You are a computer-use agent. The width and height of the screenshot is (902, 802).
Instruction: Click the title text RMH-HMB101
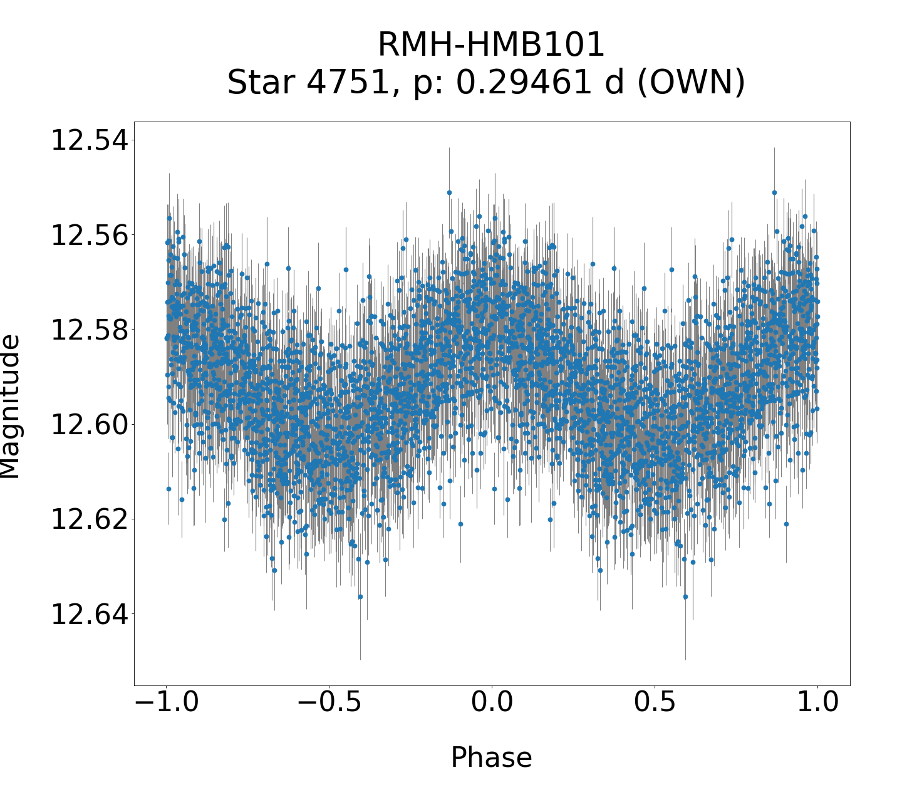(491, 45)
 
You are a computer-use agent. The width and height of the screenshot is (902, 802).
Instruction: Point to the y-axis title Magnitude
(10, 406)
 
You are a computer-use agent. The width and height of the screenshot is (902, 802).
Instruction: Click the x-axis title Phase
(491, 758)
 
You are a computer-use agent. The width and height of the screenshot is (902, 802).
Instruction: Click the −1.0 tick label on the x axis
(167, 702)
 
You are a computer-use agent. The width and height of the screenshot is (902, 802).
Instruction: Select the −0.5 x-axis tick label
(329, 702)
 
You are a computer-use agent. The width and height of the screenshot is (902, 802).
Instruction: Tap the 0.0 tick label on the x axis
(492, 702)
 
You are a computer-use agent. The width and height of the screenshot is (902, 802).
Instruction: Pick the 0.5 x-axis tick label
(655, 702)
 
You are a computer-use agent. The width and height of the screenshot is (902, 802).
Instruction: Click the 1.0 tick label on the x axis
(817, 702)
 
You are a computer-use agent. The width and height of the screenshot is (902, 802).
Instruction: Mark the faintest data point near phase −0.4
(360, 596)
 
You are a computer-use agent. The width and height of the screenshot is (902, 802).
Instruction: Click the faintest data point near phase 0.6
(685, 596)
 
